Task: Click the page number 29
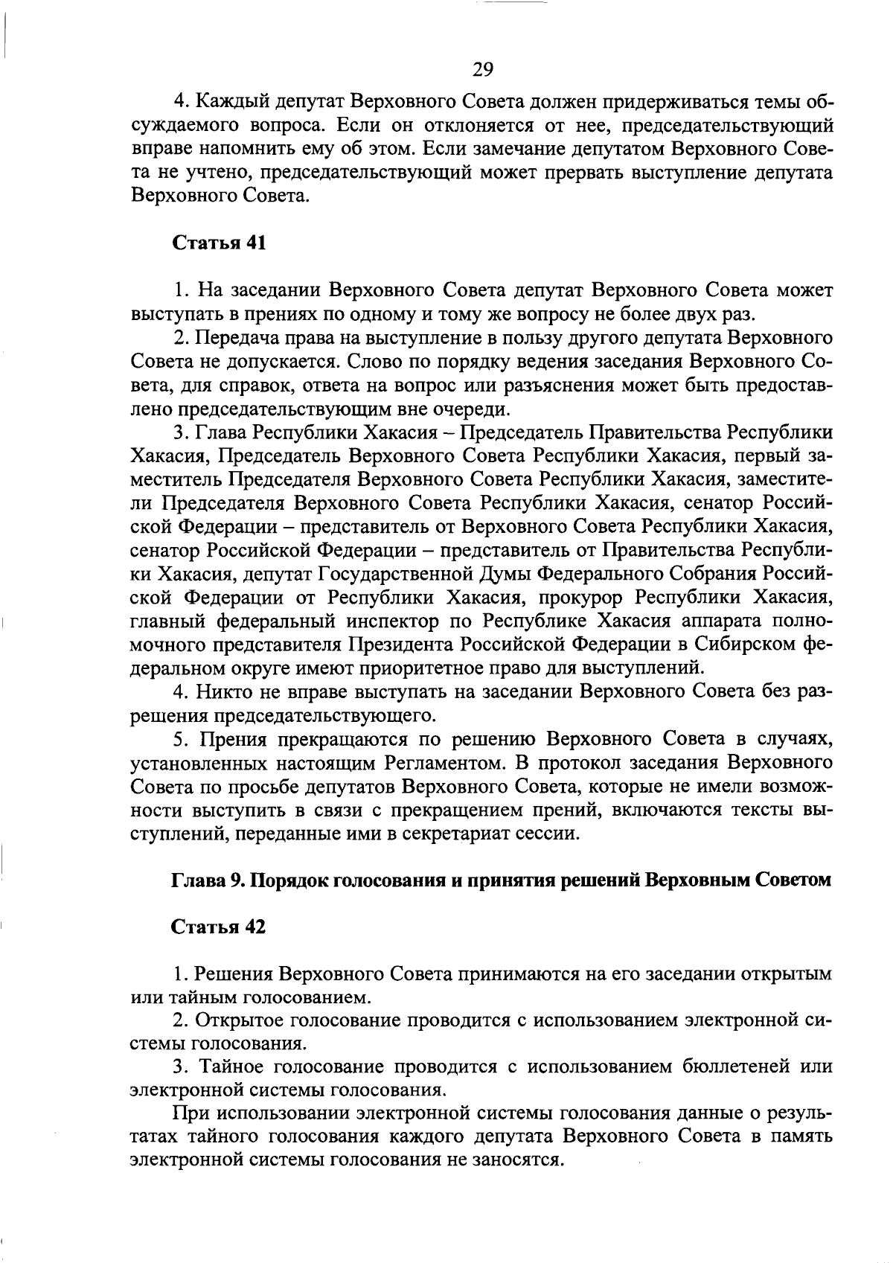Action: [x=483, y=69]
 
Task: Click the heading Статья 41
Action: [x=219, y=243]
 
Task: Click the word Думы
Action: [x=505, y=575]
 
